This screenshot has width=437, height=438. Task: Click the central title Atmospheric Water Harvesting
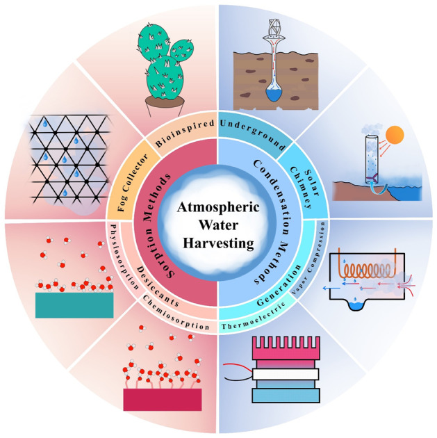(x=218, y=219)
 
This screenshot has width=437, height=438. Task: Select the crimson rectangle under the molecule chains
(x=162, y=398)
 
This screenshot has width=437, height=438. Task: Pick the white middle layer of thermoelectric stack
(x=277, y=374)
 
